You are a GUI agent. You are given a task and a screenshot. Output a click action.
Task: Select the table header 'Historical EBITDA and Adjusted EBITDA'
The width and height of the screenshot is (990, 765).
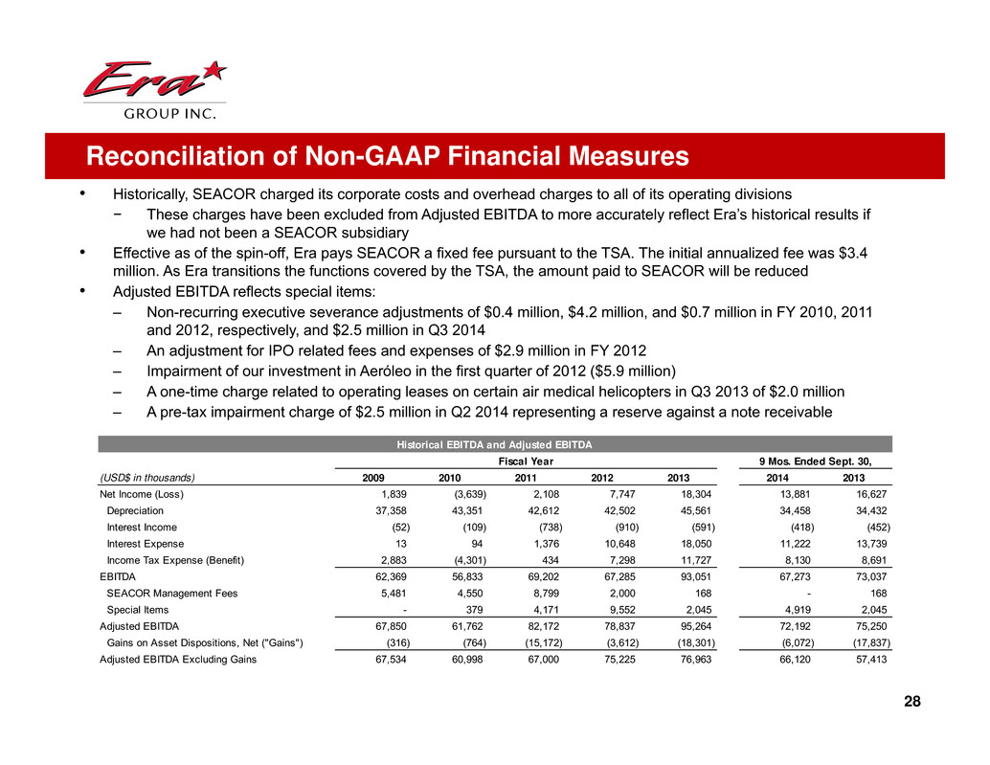(495, 444)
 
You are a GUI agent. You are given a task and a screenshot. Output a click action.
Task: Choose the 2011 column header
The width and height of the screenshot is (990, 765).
(527, 478)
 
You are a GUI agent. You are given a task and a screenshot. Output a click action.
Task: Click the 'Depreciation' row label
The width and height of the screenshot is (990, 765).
(135, 510)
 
